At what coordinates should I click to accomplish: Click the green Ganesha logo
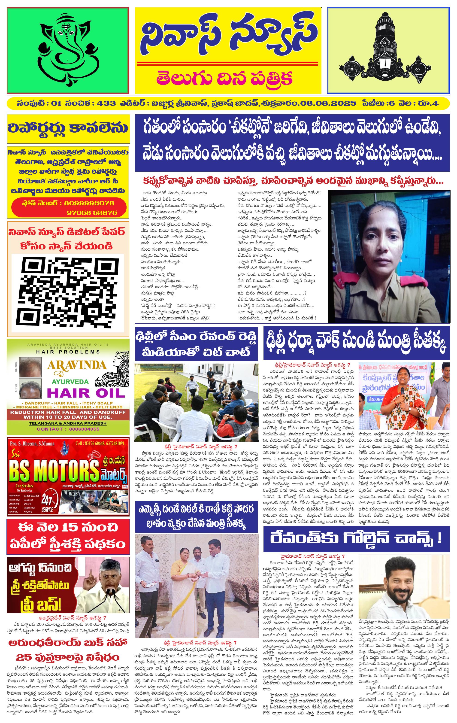[x=68, y=50]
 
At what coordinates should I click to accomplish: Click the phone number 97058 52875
[x=92, y=213]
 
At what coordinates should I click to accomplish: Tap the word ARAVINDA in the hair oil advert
[x=77, y=365]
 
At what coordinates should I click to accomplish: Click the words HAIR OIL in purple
[x=86, y=393]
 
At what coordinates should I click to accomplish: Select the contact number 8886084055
[x=84, y=429]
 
